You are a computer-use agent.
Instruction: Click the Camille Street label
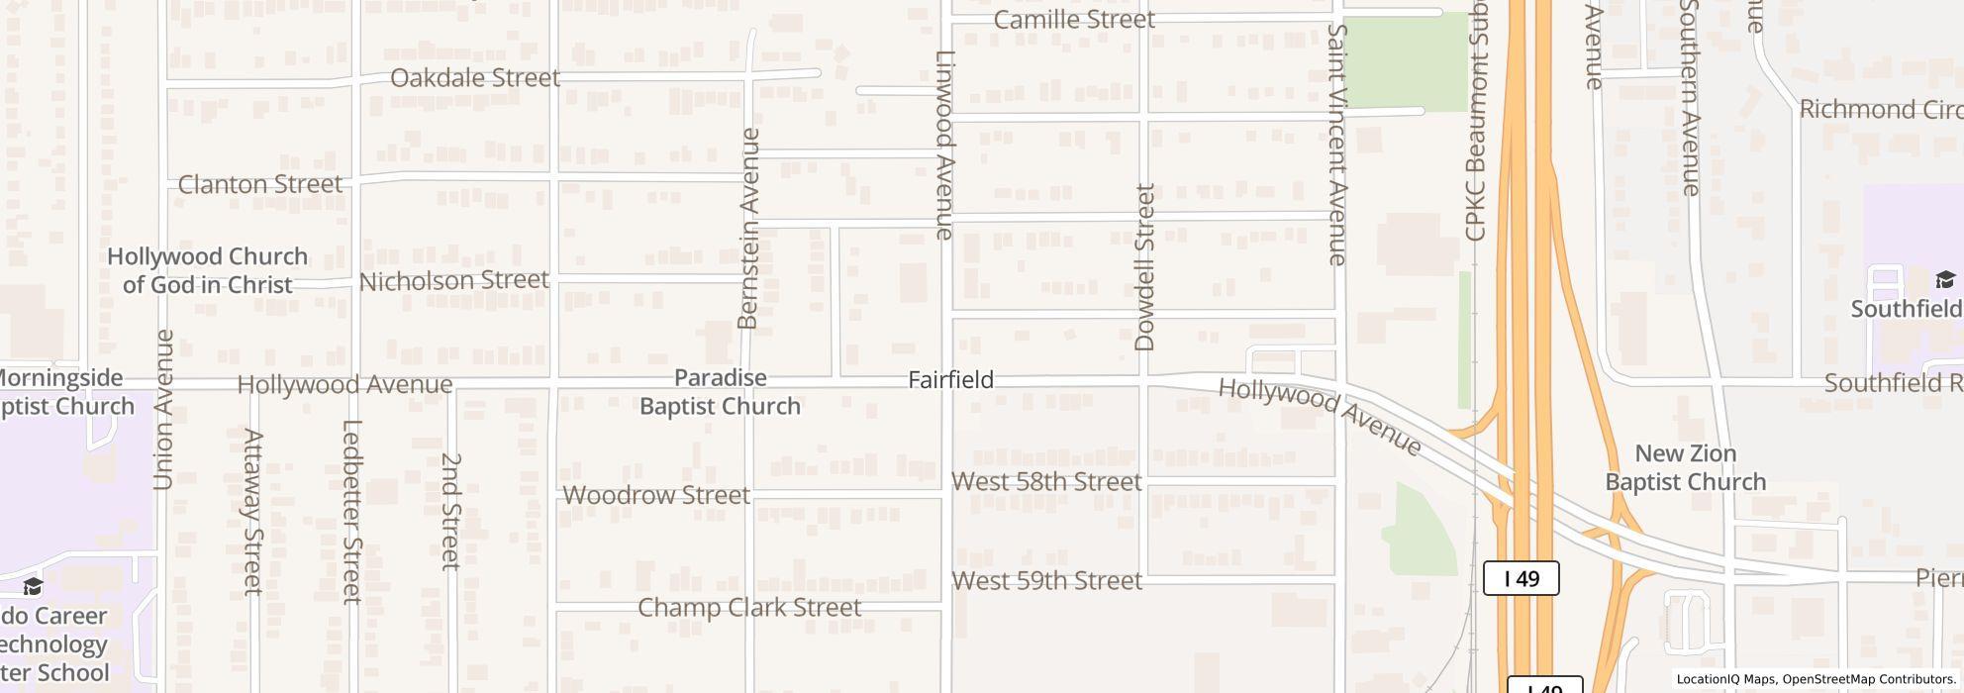(1073, 20)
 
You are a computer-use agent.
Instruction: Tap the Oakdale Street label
(475, 78)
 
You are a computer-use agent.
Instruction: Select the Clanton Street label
(260, 184)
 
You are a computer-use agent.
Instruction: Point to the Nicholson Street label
(453, 281)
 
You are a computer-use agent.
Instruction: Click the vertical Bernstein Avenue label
(748, 229)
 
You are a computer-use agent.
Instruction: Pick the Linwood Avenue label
(945, 145)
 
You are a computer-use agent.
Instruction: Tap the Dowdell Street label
(1145, 267)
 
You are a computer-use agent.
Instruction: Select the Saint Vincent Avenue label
(1337, 145)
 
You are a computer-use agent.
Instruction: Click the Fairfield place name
(950, 380)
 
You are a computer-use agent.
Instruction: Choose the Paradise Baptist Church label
(720, 392)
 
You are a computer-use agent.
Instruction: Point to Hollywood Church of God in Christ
(207, 270)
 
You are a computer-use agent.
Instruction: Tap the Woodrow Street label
(656, 495)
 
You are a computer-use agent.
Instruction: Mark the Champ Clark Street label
(749, 608)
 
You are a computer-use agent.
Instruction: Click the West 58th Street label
(1046, 482)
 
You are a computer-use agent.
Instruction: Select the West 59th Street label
(1046, 581)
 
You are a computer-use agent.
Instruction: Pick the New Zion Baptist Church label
(1685, 468)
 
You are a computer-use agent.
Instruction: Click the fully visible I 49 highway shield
(1521, 578)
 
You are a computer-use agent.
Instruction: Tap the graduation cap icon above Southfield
(1944, 279)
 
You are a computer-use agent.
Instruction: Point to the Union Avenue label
(164, 410)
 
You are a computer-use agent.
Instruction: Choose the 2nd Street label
(451, 511)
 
